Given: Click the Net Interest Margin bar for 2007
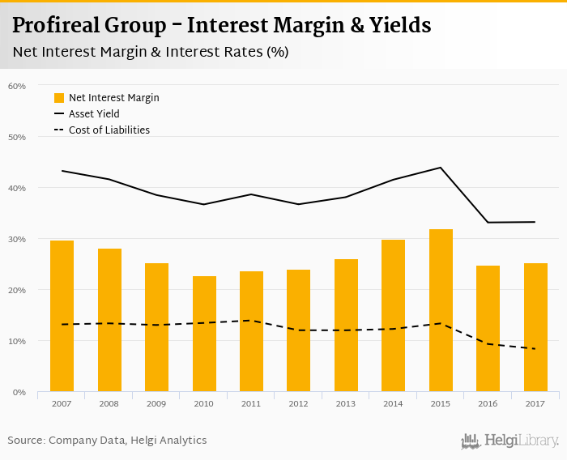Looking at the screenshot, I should tap(62, 316).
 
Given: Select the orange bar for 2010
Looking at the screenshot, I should tap(204, 334).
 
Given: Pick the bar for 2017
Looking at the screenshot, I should tap(535, 327).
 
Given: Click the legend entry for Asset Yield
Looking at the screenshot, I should tap(94, 114).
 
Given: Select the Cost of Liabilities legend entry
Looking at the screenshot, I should tap(109, 130).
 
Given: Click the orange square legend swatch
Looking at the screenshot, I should tap(59, 98).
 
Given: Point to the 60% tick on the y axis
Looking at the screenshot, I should tap(17, 86).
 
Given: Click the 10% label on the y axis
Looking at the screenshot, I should tap(17, 341).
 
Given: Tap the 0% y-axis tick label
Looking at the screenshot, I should tap(19, 392).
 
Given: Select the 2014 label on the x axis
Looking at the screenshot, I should tap(393, 403).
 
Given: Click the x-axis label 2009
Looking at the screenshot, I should tap(156, 403).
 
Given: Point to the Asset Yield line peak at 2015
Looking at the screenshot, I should tap(441, 168).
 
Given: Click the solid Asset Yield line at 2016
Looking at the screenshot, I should tap(488, 222).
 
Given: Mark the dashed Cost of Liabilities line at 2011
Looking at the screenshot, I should tap(251, 321).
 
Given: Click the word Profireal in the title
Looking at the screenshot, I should tap(56, 25).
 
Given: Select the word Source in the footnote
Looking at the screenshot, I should tap(25, 441).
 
